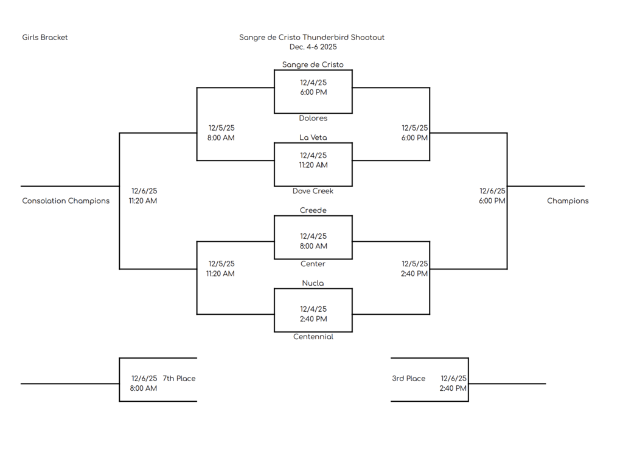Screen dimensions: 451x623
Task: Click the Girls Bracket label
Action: (45, 38)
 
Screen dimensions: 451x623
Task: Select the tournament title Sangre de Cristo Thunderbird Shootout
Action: (311, 38)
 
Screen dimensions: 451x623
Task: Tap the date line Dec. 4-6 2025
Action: (313, 47)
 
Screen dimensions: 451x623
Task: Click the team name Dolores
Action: (313, 119)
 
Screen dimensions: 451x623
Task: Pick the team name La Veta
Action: (313, 138)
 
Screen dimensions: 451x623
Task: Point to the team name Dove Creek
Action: (313, 191)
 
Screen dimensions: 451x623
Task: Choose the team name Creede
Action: (313, 211)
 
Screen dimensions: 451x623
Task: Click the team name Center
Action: (313, 264)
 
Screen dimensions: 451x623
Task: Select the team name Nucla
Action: (313, 284)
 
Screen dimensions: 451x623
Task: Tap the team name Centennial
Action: (313, 337)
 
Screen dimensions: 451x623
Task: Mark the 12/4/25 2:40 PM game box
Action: (313, 314)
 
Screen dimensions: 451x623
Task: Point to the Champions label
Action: (567, 201)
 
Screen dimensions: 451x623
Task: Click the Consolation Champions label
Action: (66, 201)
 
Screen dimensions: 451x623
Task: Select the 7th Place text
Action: (179, 379)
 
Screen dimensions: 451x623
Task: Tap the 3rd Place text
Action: (408, 379)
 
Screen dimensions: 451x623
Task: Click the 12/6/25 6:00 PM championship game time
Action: (492, 196)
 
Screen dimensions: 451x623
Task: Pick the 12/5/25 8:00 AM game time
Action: (221, 133)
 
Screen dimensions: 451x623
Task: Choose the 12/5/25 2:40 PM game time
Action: (414, 269)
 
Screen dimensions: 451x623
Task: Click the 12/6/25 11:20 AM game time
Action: (144, 196)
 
